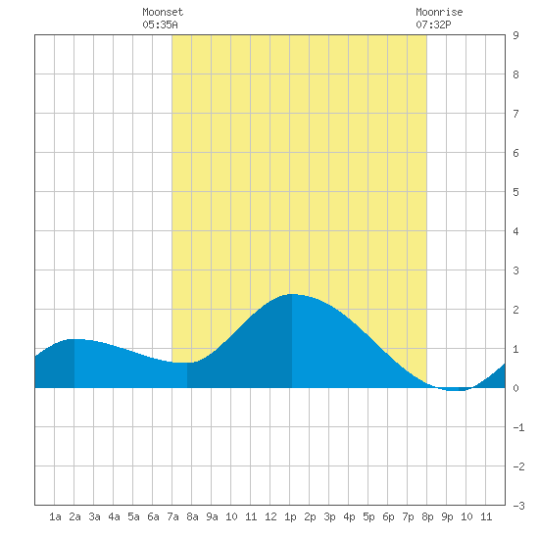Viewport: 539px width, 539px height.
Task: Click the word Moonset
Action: pos(163,12)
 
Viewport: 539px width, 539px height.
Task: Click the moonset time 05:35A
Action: pos(160,24)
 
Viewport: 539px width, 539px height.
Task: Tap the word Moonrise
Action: pos(439,12)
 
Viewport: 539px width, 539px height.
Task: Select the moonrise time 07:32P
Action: pos(433,24)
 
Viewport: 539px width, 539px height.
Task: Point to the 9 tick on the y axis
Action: pos(515,35)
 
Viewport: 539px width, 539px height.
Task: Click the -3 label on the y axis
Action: pos(518,506)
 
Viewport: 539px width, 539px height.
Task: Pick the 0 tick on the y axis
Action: pos(515,388)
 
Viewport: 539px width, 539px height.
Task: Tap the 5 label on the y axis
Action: pos(515,192)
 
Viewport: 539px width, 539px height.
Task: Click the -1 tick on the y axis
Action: pos(518,427)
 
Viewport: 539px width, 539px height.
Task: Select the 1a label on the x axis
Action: pos(55,516)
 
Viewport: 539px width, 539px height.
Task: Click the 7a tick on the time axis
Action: pos(172,516)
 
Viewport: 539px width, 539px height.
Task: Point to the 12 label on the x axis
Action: pos(270,516)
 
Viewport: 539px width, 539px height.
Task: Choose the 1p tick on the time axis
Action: pos(290,516)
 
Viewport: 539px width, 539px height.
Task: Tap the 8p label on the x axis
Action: pos(427,516)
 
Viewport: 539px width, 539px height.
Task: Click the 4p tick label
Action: pos(349,516)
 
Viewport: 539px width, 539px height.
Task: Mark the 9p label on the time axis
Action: pos(447,516)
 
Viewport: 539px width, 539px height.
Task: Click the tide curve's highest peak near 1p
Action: pos(292,294)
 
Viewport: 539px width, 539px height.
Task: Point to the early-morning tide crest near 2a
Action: pos(76,339)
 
